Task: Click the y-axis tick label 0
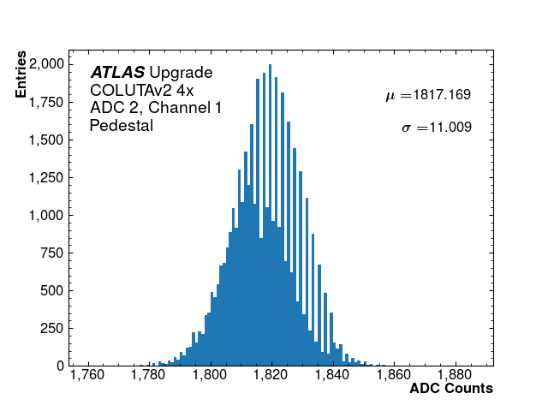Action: pos(60,366)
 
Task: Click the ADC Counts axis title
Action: pos(450,389)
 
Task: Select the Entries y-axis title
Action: pos(21,78)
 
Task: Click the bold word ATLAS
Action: pos(117,73)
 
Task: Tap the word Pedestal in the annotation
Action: pos(121,126)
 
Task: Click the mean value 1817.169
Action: pos(442,94)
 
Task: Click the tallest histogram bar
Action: pos(271,215)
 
